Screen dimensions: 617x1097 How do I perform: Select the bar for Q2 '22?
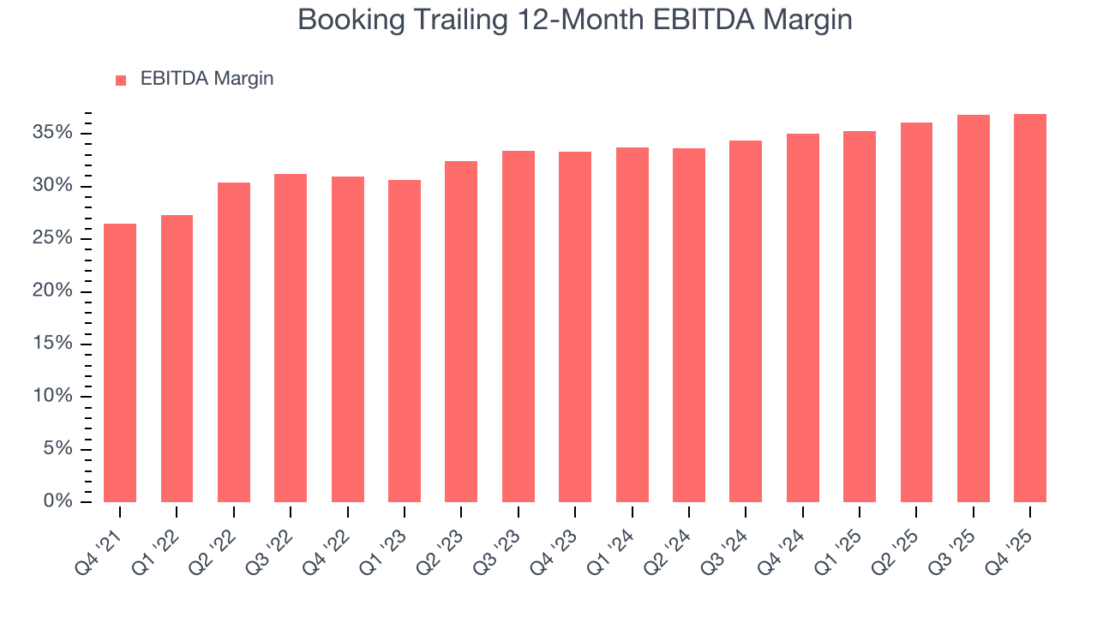[234, 342]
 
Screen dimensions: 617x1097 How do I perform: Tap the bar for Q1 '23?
[405, 340]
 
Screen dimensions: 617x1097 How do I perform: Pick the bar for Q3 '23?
[519, 326]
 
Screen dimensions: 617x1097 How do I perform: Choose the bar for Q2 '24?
[689, 325]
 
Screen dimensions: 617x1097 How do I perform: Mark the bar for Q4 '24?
[803, 317]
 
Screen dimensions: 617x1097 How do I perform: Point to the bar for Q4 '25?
[1030, 308]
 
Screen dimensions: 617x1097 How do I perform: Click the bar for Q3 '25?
[974, 308]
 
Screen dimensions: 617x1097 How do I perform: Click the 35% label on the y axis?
[53, 134]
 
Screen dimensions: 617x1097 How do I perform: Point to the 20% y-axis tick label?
[53, 291]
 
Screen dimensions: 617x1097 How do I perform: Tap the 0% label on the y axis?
[58, 501]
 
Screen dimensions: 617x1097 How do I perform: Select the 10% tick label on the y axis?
[53, 397]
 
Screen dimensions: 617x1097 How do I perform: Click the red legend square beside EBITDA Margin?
[121, 80]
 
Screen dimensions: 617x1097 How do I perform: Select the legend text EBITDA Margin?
[207, 79]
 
